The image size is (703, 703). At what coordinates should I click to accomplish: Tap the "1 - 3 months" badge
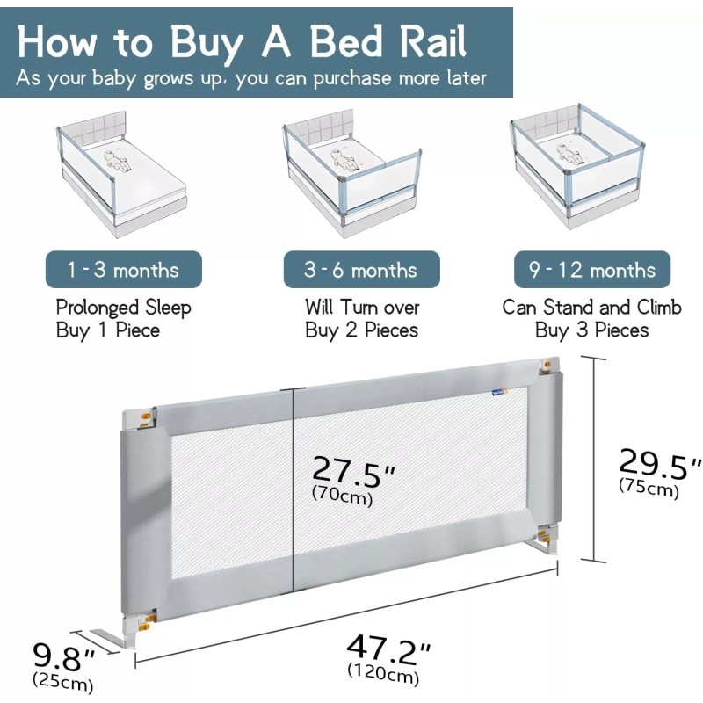click(124, 270)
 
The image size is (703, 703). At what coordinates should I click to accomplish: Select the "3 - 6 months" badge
click(361, 270)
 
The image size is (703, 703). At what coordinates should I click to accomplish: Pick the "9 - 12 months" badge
click(591, 270)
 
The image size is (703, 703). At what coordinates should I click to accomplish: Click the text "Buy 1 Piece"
click(108, 330)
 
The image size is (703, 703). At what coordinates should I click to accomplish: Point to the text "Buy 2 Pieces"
click(361, 330)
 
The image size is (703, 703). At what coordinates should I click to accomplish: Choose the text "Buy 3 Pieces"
click(591, 330)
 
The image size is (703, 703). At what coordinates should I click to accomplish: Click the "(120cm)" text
click(383, 675)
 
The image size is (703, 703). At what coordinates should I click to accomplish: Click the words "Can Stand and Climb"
click(591, 308)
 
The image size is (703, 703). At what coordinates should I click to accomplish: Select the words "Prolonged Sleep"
click(124, 308)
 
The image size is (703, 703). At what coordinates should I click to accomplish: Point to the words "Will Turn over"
click(362, 308)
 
